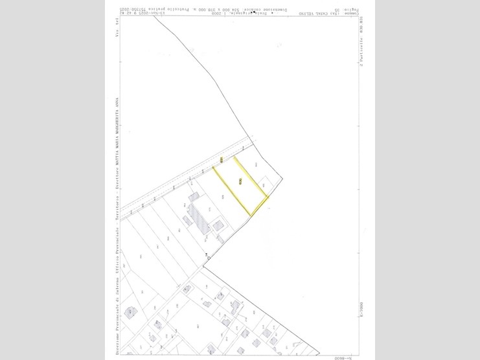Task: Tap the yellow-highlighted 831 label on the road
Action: [222, 159]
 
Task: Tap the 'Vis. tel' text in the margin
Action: [117, 29]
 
